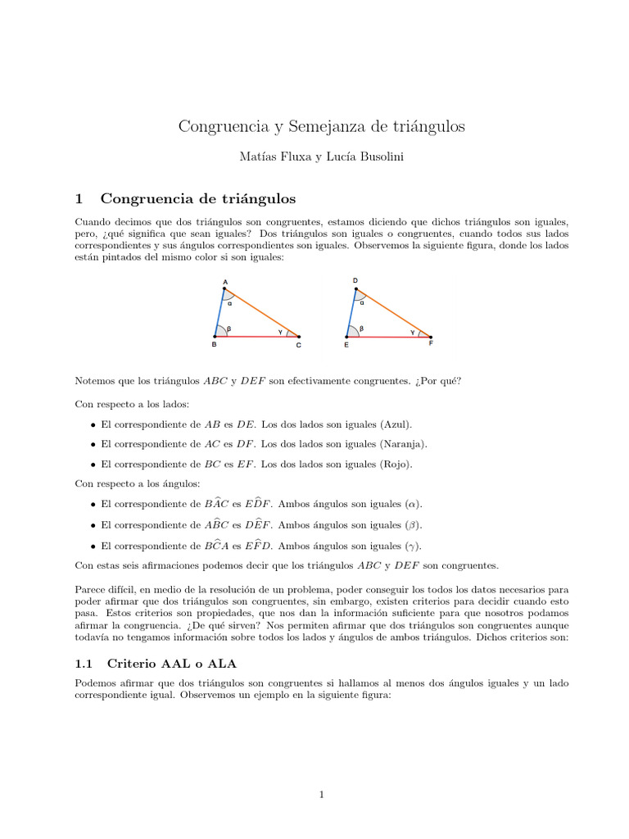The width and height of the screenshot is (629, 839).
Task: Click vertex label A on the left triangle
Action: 225,283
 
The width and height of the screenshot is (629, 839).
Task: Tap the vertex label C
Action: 298,346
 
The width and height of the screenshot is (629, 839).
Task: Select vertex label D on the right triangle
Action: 355,280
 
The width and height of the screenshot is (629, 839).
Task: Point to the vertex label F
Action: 431,343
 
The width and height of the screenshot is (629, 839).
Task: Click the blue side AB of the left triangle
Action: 219,312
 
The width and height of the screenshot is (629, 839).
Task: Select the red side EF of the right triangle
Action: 388,337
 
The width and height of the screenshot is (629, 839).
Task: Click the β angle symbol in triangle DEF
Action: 361,329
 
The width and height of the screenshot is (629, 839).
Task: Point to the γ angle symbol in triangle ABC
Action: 280,332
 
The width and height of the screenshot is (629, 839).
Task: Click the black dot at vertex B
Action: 215,336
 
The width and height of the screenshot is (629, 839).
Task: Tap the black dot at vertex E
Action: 347,336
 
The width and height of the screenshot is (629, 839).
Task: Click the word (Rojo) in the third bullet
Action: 395,464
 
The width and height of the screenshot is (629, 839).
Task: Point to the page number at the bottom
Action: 322,794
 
